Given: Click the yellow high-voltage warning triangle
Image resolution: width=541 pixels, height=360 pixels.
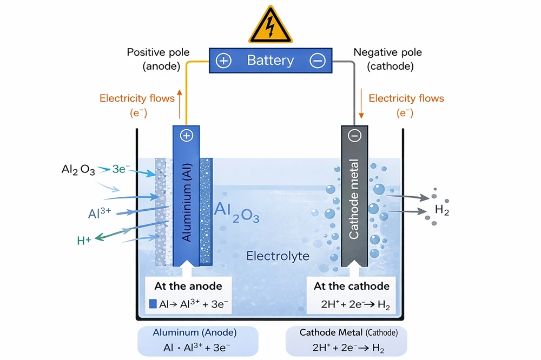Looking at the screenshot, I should (x=270, y=24).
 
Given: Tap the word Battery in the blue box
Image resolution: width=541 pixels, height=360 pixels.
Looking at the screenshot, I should (x=270, y=60).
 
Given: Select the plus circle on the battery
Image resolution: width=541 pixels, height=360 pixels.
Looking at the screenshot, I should (x=223, y=61).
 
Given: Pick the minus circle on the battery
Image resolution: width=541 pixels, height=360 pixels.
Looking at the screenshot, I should (x=317, y=61).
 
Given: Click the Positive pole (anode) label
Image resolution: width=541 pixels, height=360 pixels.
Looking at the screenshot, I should (x=158, y=58).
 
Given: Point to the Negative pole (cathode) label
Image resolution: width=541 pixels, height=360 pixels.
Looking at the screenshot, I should (x=387, y=58).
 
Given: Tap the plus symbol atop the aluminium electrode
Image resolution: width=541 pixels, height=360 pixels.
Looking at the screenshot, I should (x=186, y=136).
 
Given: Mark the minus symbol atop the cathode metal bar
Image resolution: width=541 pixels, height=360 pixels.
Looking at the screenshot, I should (x=354, y=136).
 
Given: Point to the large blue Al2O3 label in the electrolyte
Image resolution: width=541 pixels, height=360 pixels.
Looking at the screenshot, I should (x=237, y=212).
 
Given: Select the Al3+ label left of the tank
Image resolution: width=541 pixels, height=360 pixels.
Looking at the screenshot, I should (x=100, y=212).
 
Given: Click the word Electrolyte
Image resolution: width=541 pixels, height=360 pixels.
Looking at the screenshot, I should (x=278, y=256).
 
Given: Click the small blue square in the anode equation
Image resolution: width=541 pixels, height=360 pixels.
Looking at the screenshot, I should (x=153, y=304).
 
